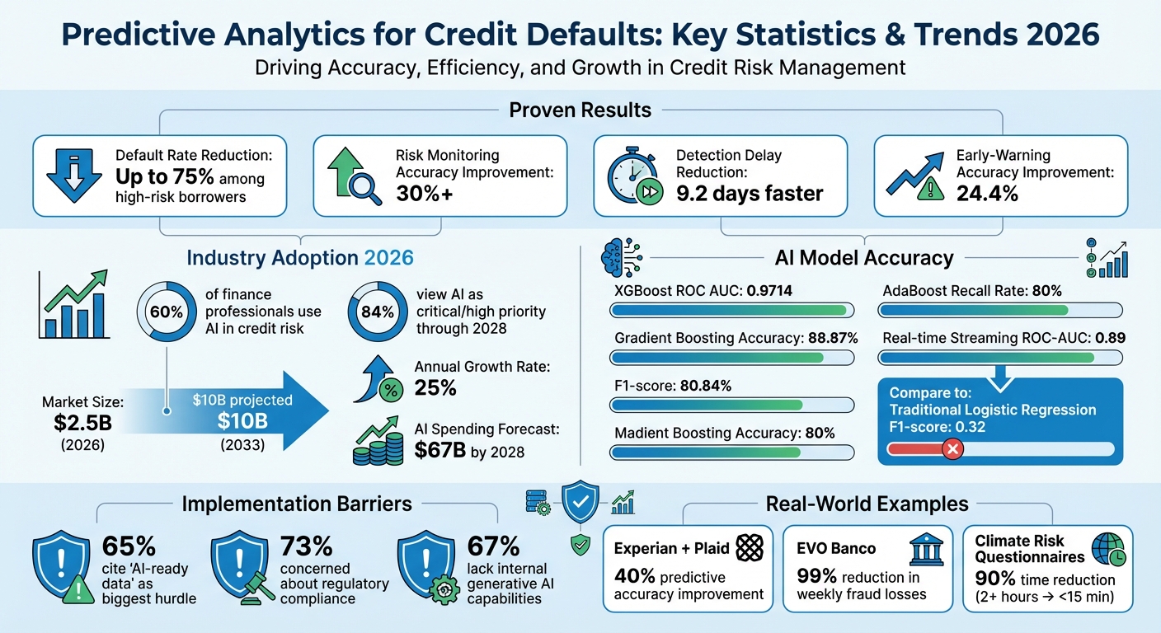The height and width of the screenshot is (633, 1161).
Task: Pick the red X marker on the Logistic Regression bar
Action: [952, 449]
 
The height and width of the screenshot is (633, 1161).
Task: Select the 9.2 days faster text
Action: [750, 194]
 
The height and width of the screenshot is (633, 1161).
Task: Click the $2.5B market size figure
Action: [82, 422]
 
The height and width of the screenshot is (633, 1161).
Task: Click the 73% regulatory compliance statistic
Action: [306, 546]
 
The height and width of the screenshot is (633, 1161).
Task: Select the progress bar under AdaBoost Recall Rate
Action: [1000, 310]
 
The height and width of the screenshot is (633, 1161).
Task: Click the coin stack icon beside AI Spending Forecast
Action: [373, 445]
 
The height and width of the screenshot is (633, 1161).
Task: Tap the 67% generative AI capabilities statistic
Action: [493, 546]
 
